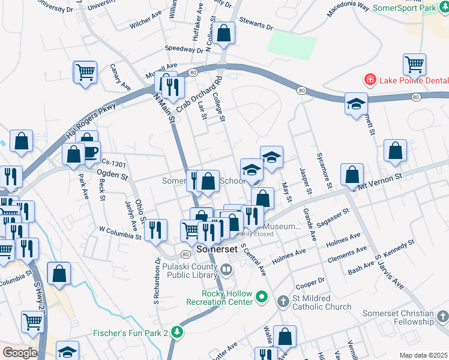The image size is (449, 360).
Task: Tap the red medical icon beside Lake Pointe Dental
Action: tap(370, 80)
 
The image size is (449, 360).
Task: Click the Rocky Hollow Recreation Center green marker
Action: tap(262, 296)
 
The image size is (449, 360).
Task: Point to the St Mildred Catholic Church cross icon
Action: tap(284, 301)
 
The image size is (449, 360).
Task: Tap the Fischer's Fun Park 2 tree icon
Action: tap(176, 332)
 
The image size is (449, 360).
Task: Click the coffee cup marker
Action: tap(89, 152)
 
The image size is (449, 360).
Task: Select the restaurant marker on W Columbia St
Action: tap(155, 229)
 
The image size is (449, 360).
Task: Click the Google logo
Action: tap(20, 352)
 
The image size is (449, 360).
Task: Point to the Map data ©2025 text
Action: tap(423, 355)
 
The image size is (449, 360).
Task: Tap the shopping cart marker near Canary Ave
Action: tap(85, 72)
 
